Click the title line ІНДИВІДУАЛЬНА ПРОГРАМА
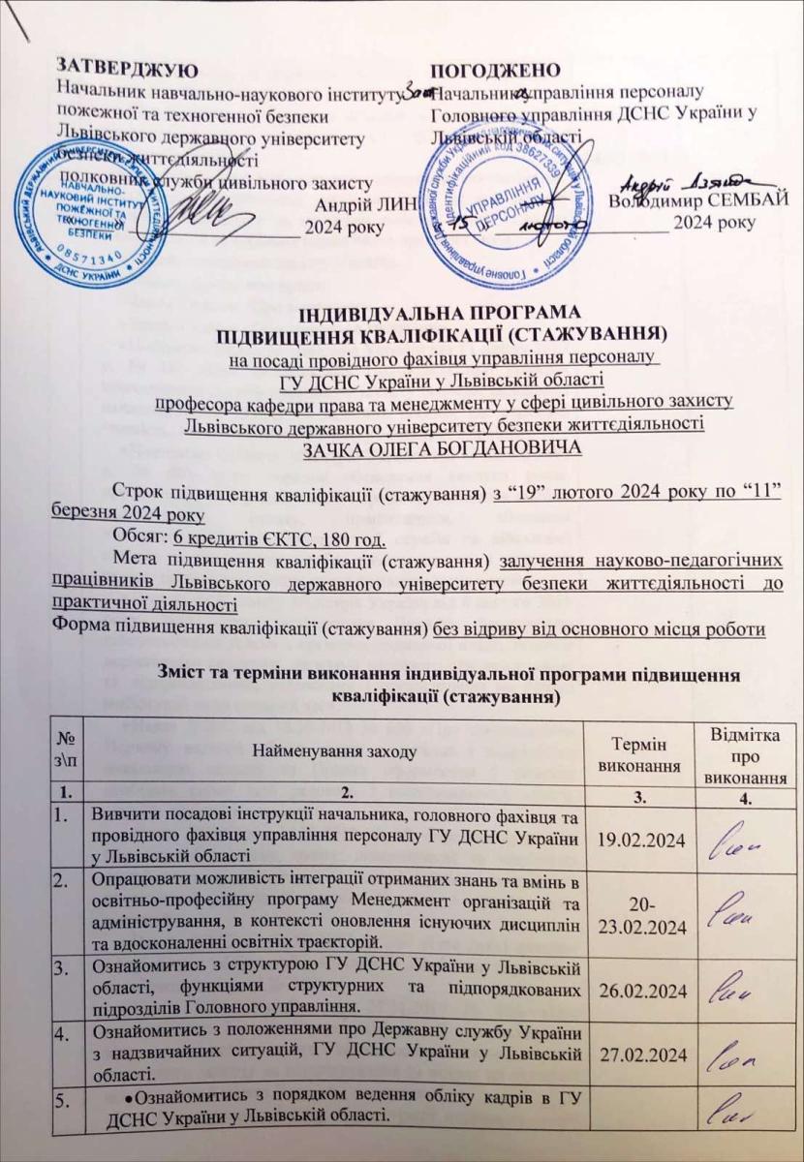(401, 315)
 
